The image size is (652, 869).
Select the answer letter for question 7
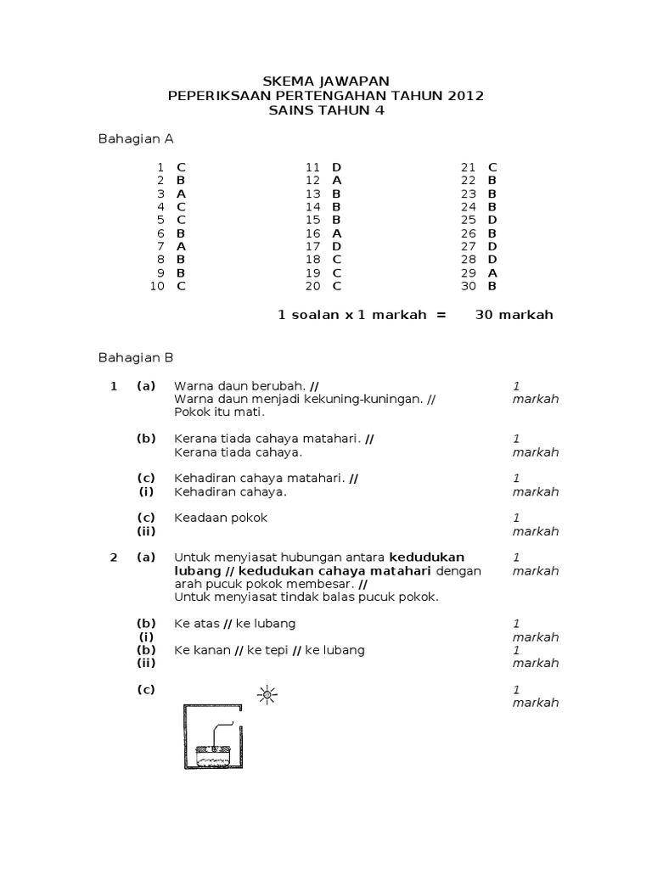[x=181, y=246]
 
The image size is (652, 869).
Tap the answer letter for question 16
[x=337, y=233]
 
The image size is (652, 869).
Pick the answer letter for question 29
[x=492, y=272]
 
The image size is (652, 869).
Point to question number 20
[x=313, y=286]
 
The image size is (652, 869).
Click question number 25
[x=469, y=220]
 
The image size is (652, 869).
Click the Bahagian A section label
[x=137, y=138]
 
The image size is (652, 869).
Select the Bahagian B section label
[x=137, y=358]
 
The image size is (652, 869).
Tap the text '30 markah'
[x=514, y=315]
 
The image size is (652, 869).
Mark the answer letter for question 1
[x=181, y=167]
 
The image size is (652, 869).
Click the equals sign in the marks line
[x=440, y=315]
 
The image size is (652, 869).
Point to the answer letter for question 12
[x=337, y=180]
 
